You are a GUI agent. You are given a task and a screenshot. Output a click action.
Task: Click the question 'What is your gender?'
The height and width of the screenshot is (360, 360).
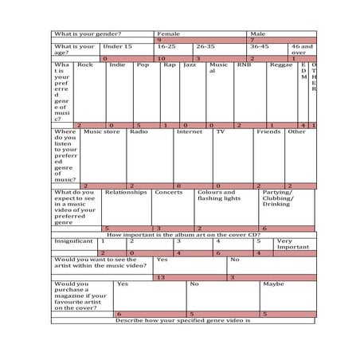[88, 33]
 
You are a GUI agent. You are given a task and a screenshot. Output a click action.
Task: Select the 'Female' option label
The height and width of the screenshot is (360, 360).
[169, 33]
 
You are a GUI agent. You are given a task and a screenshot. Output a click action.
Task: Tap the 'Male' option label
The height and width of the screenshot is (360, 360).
[258, 33]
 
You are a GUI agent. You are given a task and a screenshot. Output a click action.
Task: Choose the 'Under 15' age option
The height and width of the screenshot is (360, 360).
[117, 47]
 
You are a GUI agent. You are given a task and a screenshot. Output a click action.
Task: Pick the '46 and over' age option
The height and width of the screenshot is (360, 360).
[302, 50]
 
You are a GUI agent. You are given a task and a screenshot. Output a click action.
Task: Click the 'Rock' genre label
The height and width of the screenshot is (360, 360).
[85, 65]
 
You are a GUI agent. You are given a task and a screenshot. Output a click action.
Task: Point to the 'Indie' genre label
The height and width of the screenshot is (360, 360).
[116, 65]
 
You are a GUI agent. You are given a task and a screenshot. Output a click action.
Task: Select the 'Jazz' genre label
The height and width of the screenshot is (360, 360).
[189, 65]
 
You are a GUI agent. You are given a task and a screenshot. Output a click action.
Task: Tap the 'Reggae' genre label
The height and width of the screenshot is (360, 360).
[281, 65]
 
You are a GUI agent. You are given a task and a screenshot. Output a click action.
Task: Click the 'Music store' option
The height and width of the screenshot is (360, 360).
[102, 131]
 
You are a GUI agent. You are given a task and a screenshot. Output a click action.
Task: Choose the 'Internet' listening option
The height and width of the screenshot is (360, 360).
[190, 131]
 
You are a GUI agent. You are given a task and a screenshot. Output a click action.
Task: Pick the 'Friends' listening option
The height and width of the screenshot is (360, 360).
[268, 131]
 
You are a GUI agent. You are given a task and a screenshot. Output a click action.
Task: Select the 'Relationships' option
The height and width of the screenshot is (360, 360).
[126, 192]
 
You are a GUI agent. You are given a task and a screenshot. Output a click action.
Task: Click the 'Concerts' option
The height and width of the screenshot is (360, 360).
[168, 192]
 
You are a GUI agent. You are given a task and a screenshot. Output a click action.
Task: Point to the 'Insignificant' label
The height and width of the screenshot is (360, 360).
[73, 241]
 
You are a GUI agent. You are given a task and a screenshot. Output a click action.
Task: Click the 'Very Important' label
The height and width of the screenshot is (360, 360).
[292, 244]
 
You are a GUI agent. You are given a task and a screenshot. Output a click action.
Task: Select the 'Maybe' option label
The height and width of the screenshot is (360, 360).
[273, 284]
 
